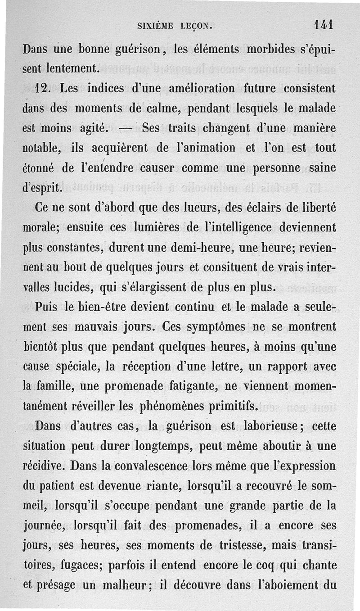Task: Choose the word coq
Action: [x=266, y=565]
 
